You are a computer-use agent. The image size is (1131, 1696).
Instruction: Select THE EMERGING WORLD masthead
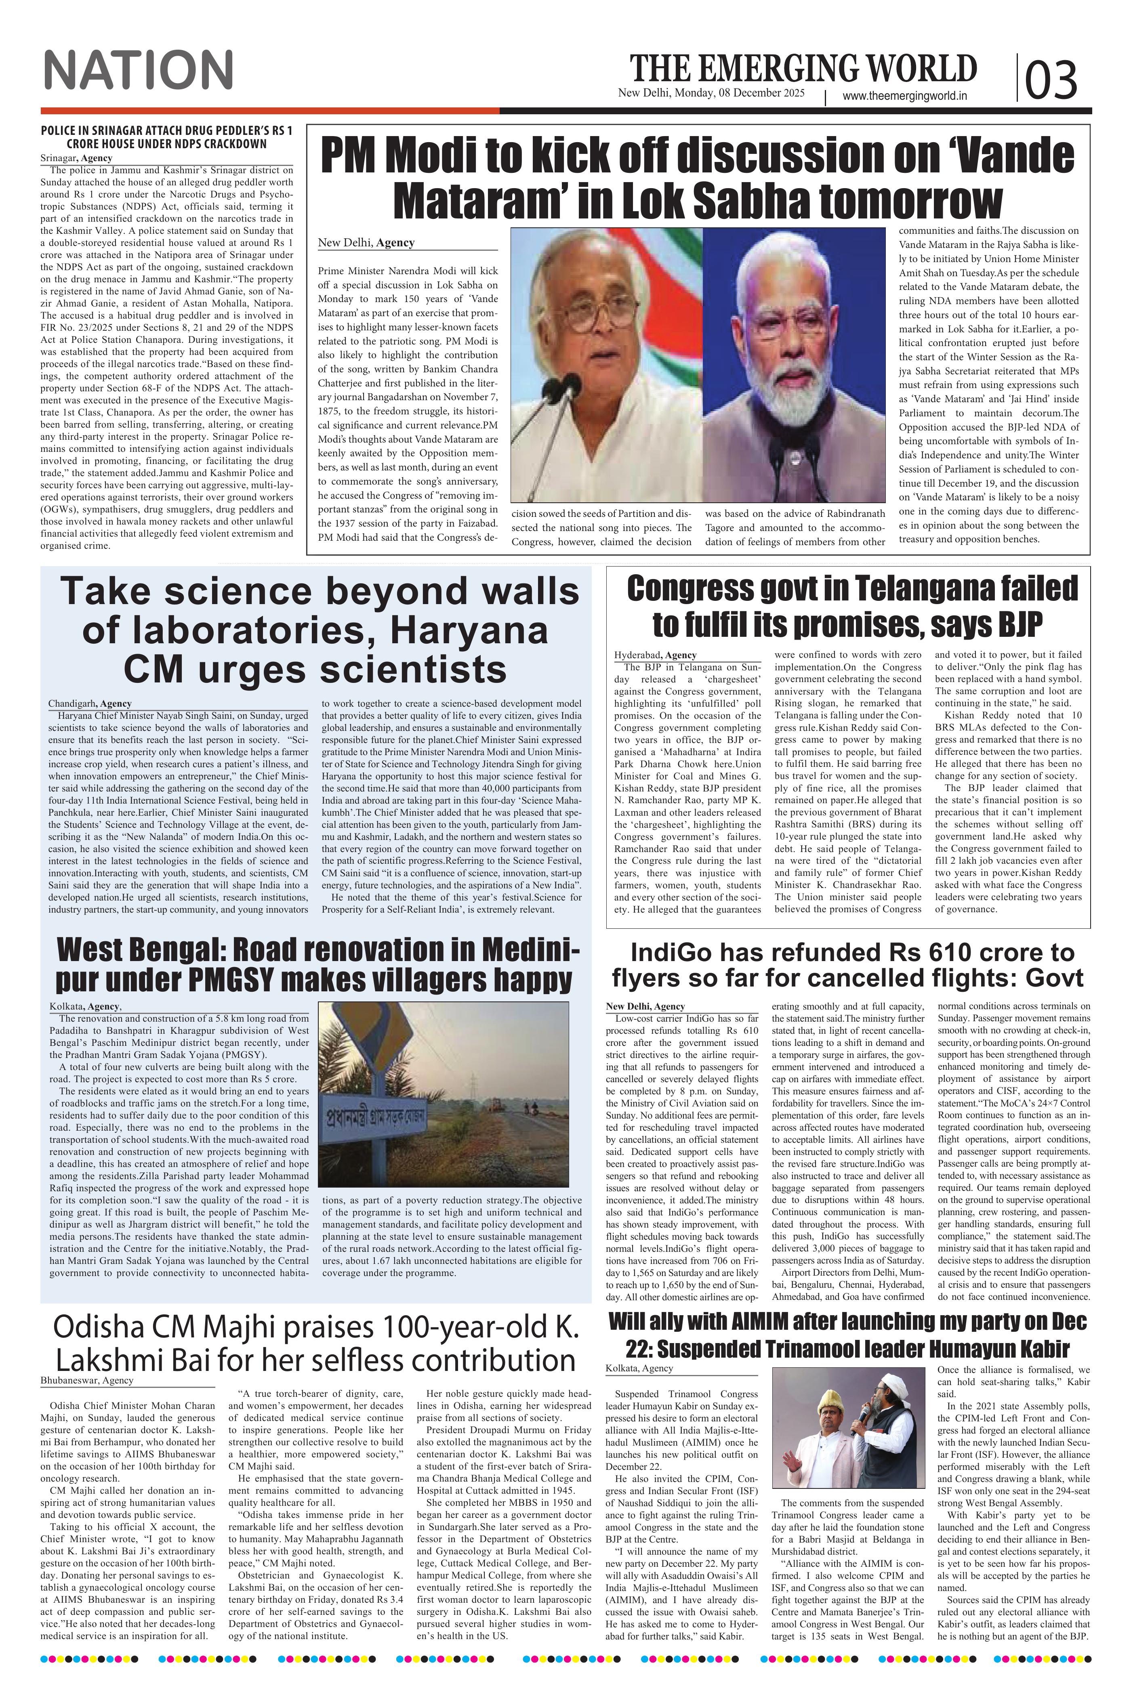pos(803,69)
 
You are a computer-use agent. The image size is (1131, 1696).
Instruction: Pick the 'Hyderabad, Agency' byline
pos(655,655)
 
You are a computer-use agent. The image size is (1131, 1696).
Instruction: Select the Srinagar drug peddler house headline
pos(166,137)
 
